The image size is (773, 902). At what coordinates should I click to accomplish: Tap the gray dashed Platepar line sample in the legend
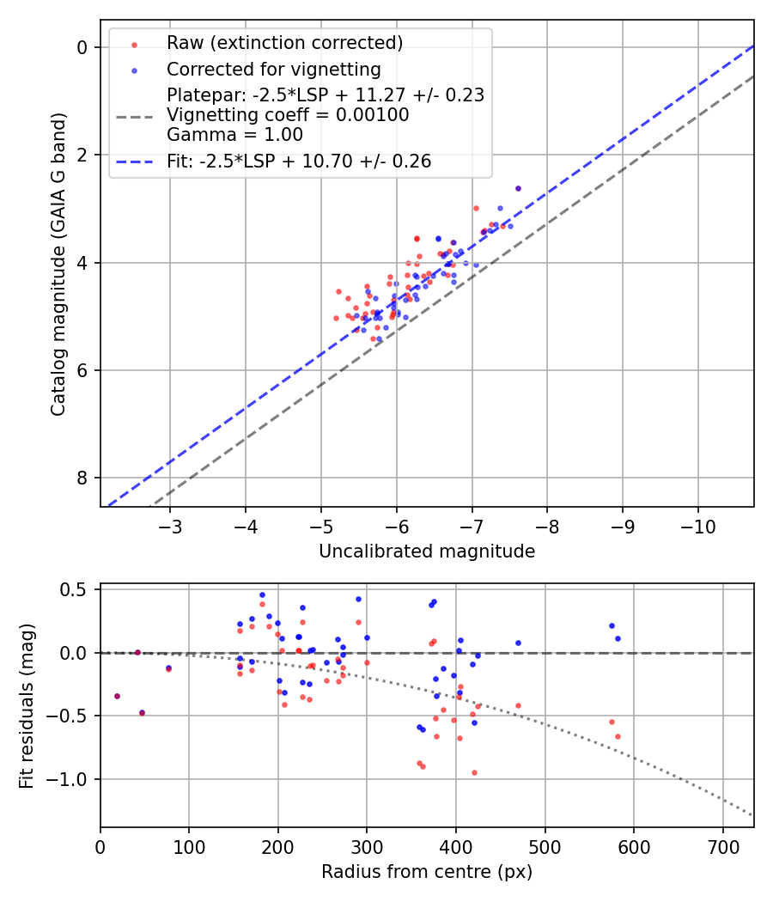[x=134, y=115]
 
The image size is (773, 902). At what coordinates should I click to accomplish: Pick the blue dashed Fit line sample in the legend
[x=134, y=162]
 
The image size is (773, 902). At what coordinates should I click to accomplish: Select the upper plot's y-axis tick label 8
[x=82, y=478]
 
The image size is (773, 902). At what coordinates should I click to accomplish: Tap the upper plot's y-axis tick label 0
[x=82, y=47]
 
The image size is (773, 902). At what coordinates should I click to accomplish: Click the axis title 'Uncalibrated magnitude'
[x=427, y=552]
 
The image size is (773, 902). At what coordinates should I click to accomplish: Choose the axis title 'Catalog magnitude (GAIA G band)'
[x=58, y=263]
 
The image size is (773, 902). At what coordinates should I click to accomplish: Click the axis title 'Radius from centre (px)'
[x=427, y=872]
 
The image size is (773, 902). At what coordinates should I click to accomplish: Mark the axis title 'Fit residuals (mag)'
[x=27, y=704]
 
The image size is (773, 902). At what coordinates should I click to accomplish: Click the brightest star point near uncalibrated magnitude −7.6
[x=518, y=188]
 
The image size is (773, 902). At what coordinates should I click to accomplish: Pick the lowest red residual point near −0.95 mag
[x=474, y=772]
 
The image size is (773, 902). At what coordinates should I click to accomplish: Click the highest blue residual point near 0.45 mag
[x=262, y=594]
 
